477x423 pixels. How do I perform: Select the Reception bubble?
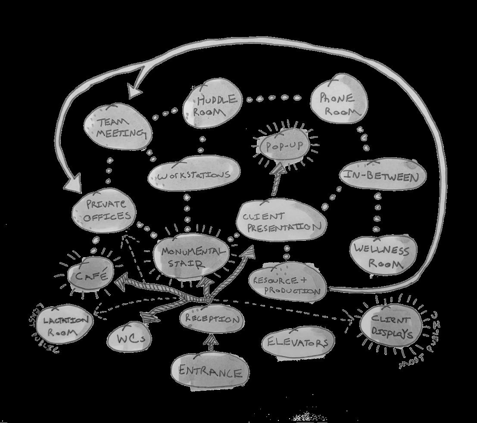(211, 319)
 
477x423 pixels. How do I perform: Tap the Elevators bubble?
(298, 342)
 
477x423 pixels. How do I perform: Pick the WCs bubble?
(129, 338)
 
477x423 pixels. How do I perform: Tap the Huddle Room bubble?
(211, 105)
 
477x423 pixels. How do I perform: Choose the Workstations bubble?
(193, 175)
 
